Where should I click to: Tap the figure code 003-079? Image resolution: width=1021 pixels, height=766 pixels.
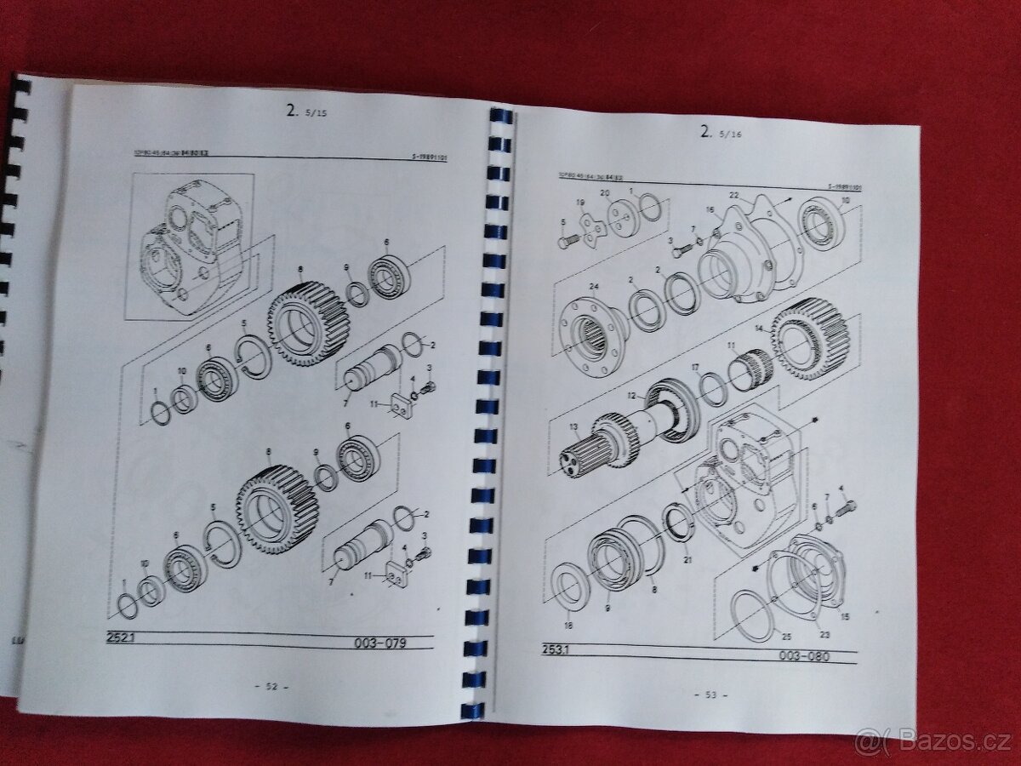[379, 643]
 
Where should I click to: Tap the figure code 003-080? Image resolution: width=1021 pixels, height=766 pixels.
[802, 656]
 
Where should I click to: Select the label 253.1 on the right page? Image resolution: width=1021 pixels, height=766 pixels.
[557, 649]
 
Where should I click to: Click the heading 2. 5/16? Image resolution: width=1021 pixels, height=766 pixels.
[717, 131]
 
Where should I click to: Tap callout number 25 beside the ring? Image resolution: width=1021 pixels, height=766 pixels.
[785, 637]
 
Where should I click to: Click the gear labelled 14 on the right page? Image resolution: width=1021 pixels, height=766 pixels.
[809, 338]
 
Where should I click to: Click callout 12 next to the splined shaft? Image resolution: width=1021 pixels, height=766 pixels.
[630, 397]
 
